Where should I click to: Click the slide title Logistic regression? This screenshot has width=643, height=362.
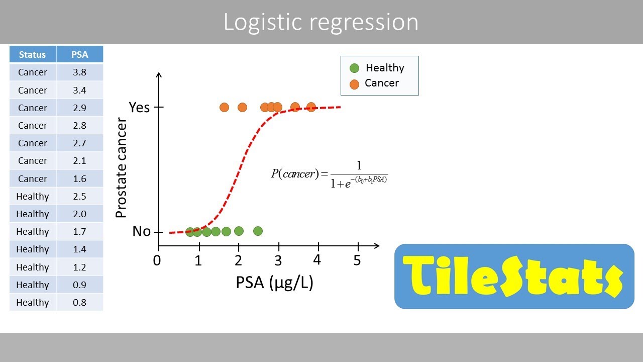click(320, 23)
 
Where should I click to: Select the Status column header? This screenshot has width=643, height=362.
click(32, 55)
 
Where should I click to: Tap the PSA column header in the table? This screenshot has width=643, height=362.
click(79, 55)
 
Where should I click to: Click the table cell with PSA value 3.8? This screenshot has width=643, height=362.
click(79, 72)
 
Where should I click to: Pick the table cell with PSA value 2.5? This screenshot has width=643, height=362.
click(79, 196)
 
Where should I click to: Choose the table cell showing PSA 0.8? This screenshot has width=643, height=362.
click(79, 302)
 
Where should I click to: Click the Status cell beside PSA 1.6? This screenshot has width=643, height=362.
click(33, 178)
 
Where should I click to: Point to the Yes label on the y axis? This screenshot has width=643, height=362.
click(139, 107)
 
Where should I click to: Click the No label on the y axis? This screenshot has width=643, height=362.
click(141, 231)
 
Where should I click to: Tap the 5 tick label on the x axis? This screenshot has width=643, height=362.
click(357, 260)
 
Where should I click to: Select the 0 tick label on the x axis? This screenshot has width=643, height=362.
click(158, 260)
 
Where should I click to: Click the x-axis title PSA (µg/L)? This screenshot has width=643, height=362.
click(274, 283)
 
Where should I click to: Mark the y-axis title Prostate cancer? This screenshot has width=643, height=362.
click(121, 167)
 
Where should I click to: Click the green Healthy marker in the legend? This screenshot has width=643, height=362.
click(355, 68)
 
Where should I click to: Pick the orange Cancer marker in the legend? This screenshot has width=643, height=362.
click(355, 83)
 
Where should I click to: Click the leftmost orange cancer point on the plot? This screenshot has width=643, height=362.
click(224, 107)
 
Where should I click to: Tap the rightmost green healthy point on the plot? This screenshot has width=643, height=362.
click(258, 231)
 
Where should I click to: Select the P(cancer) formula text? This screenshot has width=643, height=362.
click(329, 174)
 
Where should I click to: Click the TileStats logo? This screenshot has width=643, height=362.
click(514, 276)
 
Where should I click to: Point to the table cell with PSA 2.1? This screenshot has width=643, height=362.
click(79, 161)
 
